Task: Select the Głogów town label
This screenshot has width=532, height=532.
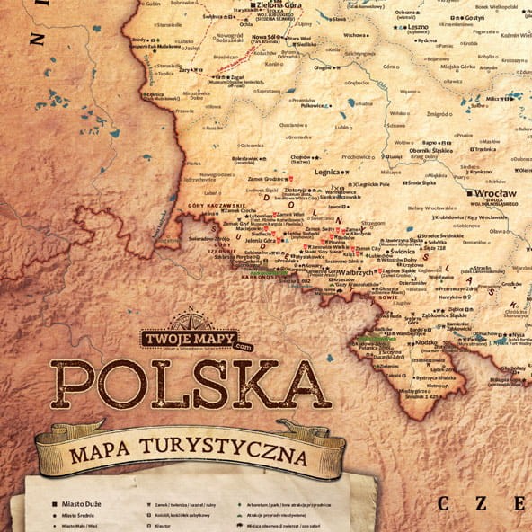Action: pos(324,65)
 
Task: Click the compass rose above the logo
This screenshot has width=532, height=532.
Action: pos(191,319)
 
